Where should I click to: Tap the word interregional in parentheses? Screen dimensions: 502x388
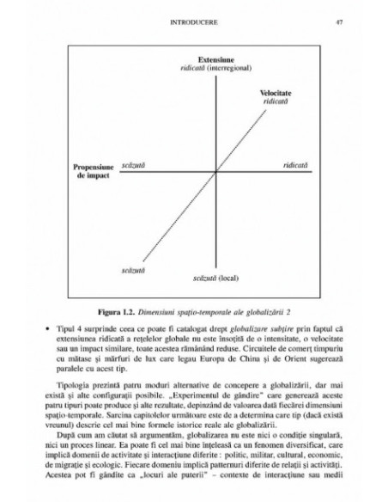coord(211,65)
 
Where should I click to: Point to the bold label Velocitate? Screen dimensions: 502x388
coord(275,91)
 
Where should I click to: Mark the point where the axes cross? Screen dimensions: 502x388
coord(195,173)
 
